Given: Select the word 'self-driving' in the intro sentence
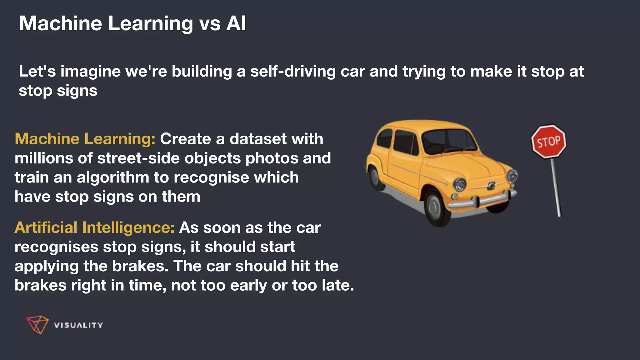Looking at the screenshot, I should (x=293, y=71).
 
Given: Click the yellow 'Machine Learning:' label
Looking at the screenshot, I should (x=85, y=139).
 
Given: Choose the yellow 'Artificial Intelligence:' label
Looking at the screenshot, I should (x=94, y=228).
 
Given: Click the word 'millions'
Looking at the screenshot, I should (x=43, y=158).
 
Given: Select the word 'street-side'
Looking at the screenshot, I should (x=138, y=158).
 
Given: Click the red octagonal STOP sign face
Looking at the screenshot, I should (x=549, y=142).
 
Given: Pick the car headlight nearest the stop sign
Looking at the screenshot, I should (x=512, y=176).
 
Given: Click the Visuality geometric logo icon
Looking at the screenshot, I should (x=37, y=325).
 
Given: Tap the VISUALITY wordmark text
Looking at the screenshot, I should (x=78, y=325).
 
